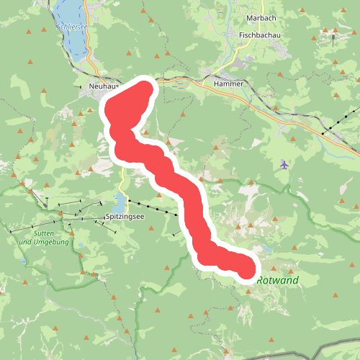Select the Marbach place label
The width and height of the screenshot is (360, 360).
pos(256,19)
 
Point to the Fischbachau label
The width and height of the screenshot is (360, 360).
pos(259,34)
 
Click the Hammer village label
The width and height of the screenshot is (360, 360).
pos(229,84)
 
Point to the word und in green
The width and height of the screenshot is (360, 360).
pos(23,242)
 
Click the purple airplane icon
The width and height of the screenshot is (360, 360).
pos(285,165)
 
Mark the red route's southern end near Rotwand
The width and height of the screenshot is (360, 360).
pos(246,269)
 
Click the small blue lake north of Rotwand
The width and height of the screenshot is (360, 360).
pos(266,249)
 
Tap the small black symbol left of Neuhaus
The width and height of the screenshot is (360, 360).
pos(81,86)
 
